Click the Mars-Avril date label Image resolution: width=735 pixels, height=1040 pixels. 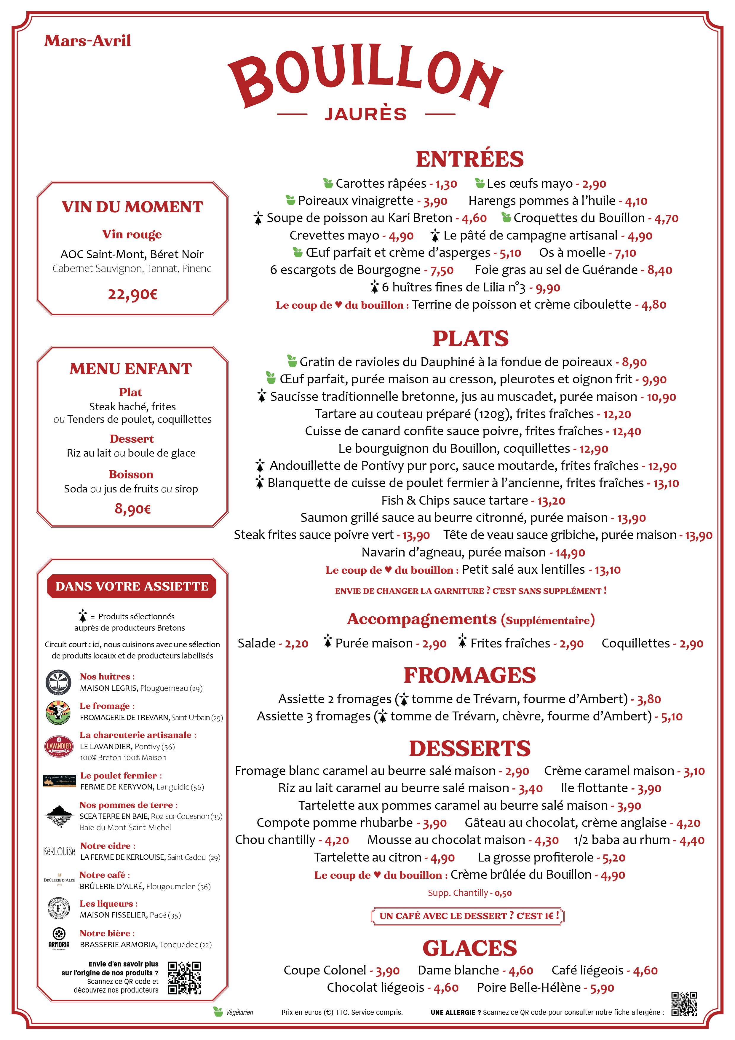[87, 41]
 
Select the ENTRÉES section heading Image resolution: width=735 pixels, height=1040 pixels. [470, 159]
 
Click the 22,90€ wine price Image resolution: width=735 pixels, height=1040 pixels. [132, 294]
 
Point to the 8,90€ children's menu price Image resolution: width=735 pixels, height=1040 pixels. [132, 509]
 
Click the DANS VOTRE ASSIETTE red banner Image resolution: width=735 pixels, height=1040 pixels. [132, 586]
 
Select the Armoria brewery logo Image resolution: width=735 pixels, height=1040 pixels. [59, 938]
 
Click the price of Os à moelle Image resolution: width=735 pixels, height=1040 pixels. [625, 253]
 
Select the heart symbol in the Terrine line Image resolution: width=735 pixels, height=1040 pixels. [338, 305]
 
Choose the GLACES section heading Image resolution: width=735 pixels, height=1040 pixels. [470, 948]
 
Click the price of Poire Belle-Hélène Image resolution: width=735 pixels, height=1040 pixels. [602, 988]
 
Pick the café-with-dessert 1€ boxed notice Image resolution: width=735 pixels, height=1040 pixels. [467, 915]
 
